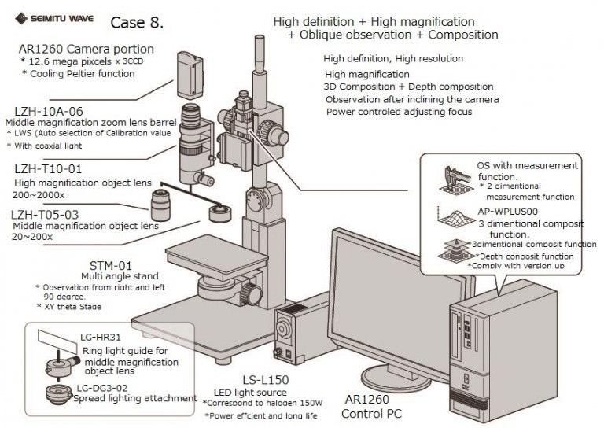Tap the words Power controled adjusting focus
coord(400,112)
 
